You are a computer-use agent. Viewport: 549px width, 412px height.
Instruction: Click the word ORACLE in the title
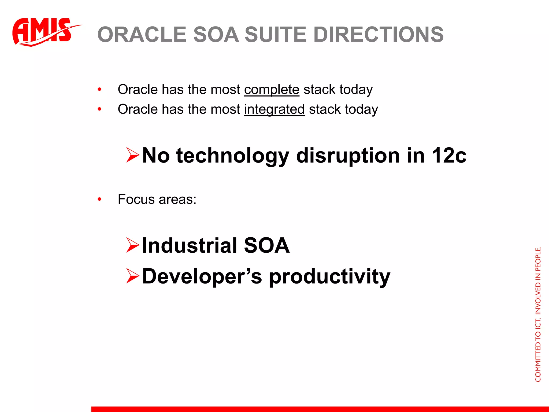142,35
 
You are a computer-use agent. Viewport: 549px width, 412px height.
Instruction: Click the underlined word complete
272,90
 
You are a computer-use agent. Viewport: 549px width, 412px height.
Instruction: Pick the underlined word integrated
274,109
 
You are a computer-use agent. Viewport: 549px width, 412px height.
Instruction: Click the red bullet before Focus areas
99,199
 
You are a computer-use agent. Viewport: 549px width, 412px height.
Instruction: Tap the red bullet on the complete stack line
99,90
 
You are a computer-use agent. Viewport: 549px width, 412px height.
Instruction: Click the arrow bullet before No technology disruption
133,155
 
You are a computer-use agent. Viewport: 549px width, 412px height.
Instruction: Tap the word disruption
348,156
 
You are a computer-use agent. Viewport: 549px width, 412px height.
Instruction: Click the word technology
232,156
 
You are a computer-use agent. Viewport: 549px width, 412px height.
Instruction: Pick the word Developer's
202,276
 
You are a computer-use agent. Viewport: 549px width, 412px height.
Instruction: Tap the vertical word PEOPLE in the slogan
538,259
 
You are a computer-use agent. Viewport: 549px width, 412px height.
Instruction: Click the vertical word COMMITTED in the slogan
538,363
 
